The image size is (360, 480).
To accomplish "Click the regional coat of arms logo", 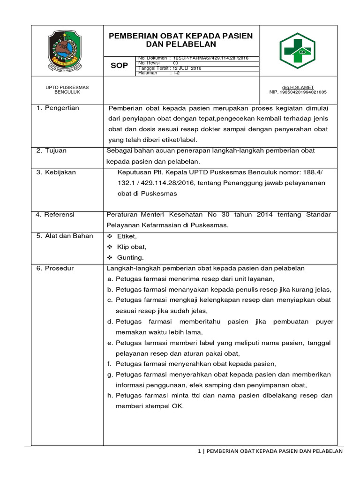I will [x=67, y=50].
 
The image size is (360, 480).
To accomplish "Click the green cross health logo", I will [x=298, y=50].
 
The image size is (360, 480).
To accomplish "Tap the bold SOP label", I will [x=119, y=66].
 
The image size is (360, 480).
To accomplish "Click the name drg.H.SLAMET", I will [x=298, y=88].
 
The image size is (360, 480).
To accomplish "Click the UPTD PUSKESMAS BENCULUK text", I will [x=67, y=90].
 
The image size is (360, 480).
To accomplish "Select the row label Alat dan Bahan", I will [x=65, y=236].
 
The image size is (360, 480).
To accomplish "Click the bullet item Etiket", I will [x=127, y=236].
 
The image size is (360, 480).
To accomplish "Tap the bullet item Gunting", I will [x=130, y=257].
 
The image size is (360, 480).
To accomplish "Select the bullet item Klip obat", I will [x=132, y=247].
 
